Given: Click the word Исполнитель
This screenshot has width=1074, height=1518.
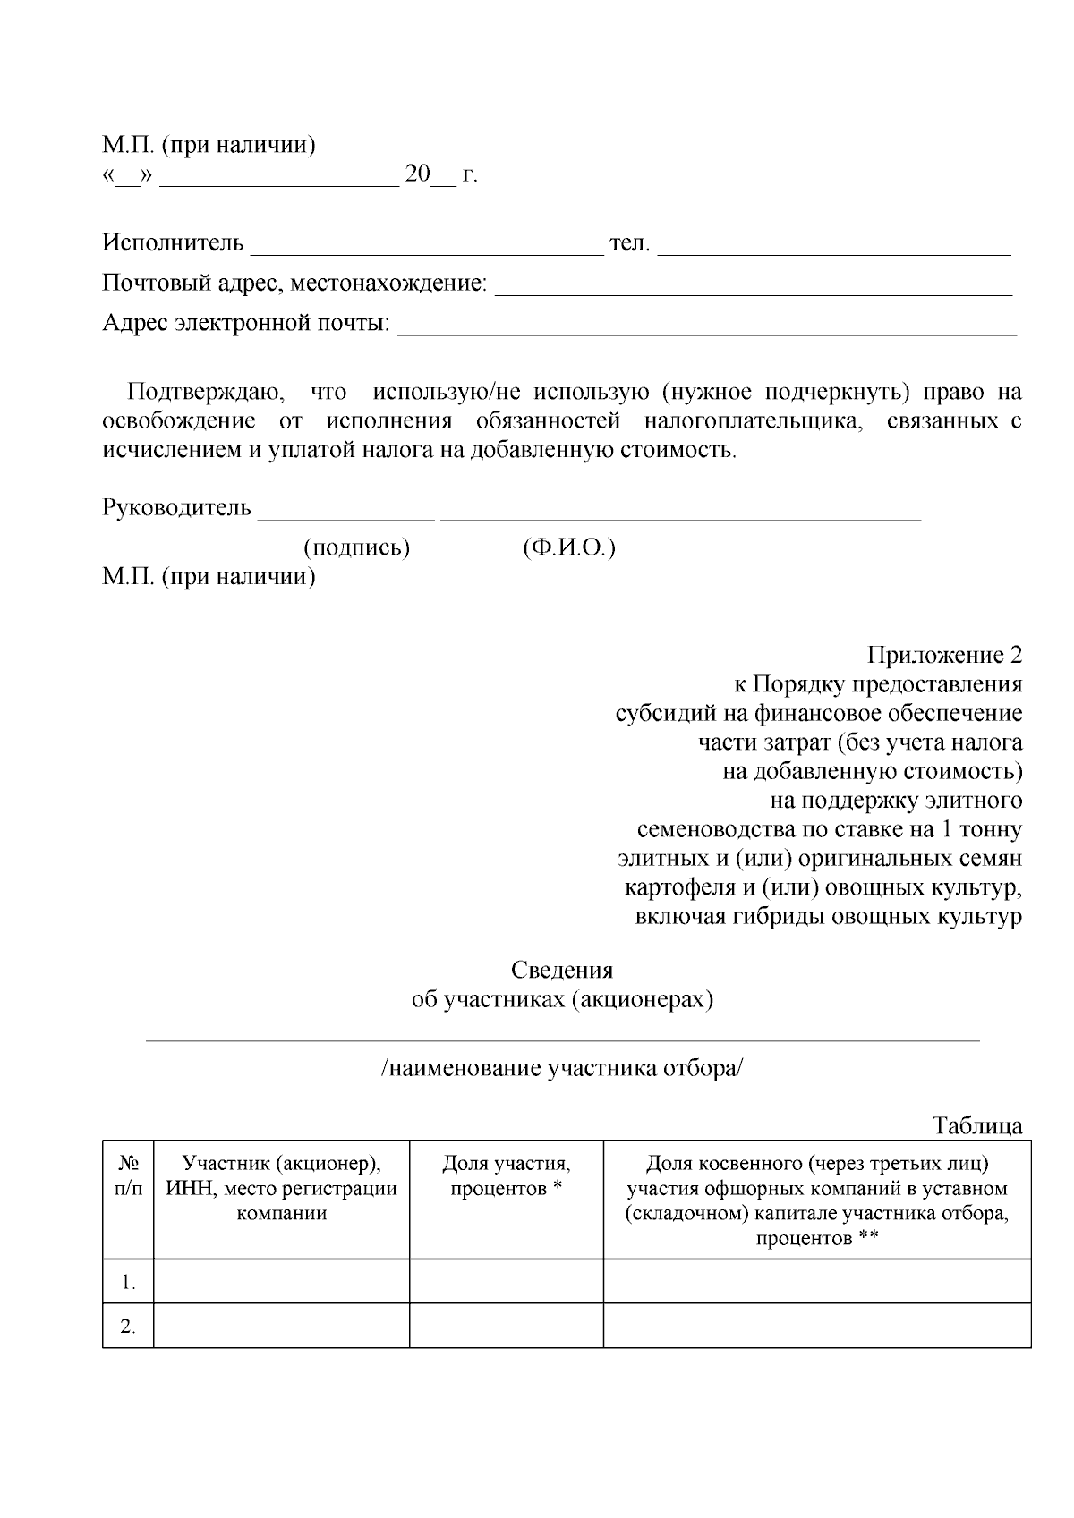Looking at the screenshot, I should coord(173,243).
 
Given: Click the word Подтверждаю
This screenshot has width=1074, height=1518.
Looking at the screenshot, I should coord(205,393).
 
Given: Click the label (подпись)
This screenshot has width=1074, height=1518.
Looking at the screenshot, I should coord(357,547).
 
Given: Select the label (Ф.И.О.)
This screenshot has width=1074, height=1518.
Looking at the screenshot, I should coord(569,547).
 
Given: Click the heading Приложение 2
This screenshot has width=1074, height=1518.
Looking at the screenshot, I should coord(944,656).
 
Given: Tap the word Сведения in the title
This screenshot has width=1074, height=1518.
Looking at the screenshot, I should coord(562,971).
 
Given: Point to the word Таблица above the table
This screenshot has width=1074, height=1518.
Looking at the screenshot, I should coord(977,1125).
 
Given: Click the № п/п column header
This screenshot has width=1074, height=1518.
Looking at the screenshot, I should coord(128,1176).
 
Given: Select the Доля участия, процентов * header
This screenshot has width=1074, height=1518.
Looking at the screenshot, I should coord(506,1176).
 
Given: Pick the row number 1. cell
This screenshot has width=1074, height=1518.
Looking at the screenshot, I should coord(128,1283).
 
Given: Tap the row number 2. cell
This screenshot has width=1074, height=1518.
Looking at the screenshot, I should coord(128,1327).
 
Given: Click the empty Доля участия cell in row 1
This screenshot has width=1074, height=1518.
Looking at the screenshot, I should coord(506,1281).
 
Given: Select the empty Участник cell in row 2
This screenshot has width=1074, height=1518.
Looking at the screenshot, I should coord(281,1325).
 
